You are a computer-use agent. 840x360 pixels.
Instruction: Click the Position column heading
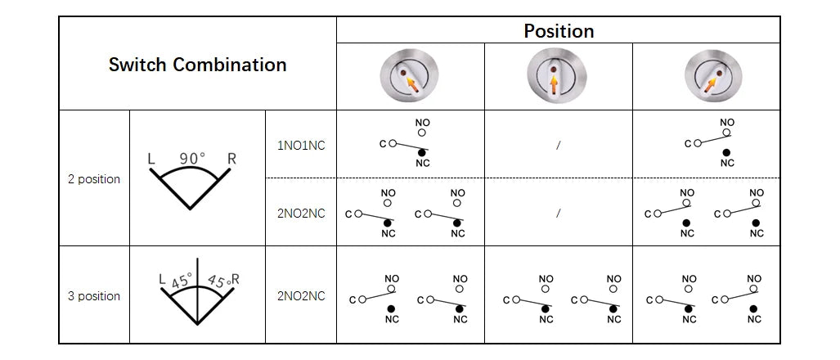[559, 31]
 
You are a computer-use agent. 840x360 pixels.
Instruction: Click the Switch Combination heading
[198, 65]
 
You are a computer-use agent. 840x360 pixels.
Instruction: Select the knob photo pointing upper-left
[410, 75]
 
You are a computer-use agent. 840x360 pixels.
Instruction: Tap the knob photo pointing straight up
[557, 75]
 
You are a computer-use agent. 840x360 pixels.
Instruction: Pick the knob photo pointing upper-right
[713, 75]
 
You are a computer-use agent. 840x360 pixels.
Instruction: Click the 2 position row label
[94, 179]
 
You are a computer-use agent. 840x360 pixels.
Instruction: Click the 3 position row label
[94, 295]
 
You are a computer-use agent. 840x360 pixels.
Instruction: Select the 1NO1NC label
[301, 146]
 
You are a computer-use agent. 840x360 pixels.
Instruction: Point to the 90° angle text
[192, 159]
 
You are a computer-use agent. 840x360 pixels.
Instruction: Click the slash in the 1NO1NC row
[558, 145]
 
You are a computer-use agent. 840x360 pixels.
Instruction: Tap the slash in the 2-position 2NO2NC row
[558, 214]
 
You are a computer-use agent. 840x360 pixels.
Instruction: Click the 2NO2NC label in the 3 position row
[301, 295]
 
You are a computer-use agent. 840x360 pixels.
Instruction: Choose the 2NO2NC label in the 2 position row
[301, 214]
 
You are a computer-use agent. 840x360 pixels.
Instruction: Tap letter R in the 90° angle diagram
[231, 159]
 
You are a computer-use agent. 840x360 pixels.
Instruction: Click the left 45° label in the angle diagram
[182, 281]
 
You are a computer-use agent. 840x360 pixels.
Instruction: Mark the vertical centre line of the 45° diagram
[198, 291]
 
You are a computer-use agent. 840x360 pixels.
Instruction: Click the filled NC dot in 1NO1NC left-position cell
[421, 153]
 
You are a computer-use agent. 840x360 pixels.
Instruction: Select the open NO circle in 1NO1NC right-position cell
[726, 133]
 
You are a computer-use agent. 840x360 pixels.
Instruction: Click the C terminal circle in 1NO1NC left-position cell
[392, 143]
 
